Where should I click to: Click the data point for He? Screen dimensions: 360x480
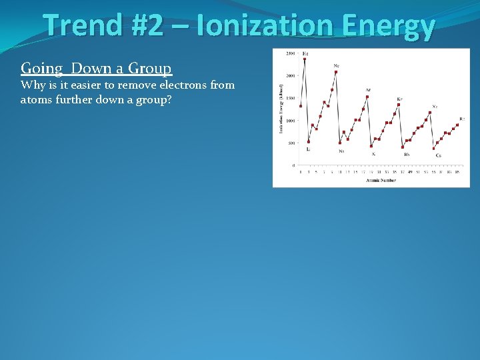(305, 59)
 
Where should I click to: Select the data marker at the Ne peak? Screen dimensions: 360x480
(336, 72)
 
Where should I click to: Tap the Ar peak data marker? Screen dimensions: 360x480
(367, 97)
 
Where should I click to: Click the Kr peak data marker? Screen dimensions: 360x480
(399, 105)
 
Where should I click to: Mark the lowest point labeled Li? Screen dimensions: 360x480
(309, 141)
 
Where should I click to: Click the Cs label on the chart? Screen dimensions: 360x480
(438, 155)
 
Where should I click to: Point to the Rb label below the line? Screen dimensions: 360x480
(407, 155)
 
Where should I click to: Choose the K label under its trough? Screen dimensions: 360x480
(373, 154)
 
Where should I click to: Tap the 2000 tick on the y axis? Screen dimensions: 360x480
(291, 75)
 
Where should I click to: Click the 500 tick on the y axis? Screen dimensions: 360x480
(291, 143)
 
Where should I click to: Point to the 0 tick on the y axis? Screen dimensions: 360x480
(294, 165)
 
